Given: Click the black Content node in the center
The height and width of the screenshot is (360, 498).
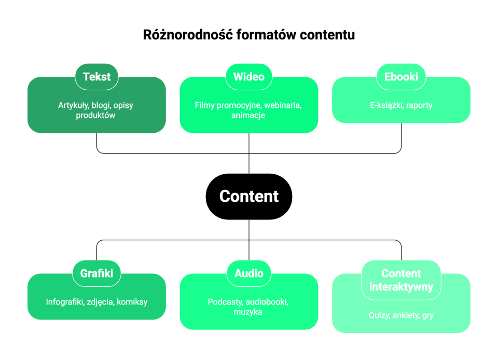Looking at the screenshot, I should [x=249, y=196].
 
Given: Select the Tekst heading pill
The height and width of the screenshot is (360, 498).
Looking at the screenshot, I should [x=96, y=77].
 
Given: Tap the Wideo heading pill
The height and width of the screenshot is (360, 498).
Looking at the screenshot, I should [x=249, y=77].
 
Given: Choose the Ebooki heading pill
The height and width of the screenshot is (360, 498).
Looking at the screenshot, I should [x=401, y=77].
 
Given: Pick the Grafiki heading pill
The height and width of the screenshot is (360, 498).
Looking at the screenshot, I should [x=96, y=273].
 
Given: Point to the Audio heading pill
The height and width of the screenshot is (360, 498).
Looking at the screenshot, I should [x=249, y=273].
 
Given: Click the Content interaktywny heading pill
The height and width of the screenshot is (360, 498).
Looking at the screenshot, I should [x=401, y=280].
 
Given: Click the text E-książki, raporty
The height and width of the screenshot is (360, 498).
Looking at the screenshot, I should [x=401, y=105].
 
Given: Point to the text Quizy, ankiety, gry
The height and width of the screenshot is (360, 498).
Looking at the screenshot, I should [x=401, y=315].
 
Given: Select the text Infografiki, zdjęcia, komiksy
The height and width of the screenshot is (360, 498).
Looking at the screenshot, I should [x=96, y=302].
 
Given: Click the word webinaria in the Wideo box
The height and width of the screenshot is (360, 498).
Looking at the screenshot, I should [x=283, y=105].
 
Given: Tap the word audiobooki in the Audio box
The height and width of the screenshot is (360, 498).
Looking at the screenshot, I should [x=267, y=302].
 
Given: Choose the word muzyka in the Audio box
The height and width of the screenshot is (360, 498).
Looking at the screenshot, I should [x=248, y=312].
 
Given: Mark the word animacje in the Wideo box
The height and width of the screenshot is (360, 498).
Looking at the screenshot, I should [x=248, y=115].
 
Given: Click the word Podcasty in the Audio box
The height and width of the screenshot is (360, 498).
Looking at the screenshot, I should [x=225, y=302].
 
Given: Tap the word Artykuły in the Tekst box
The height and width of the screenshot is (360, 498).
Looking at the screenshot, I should [x=73, y=105].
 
